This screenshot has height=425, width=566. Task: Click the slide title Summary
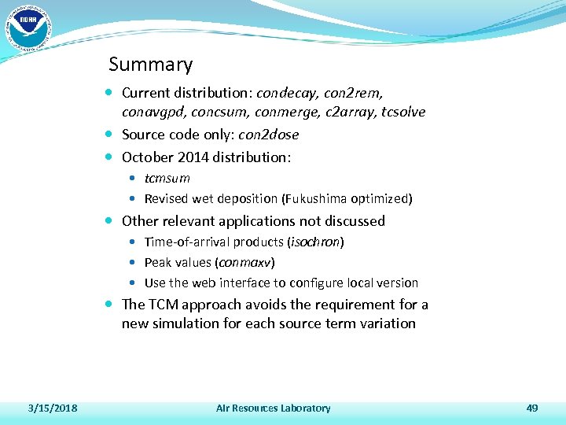(x=150, y=65)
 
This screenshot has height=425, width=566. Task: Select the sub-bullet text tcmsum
(x=167, y=178)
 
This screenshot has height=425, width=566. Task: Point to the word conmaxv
(x=245, y=262)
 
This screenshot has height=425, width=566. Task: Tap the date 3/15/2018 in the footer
(x=52, y=408)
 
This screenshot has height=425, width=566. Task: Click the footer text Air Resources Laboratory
(x=273, y=408)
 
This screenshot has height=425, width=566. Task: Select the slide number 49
(x=532, y=408)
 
